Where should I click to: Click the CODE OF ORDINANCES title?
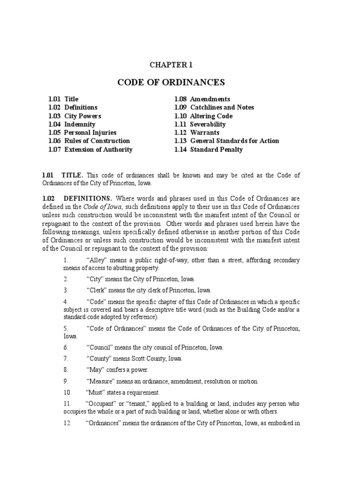(x=171, y=83)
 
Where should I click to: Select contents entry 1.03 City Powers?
(x=75, y=116)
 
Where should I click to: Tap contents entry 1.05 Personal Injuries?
(x=82, y=133)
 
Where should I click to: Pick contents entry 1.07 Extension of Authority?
(x=90, y=150)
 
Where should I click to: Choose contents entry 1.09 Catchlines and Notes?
(x=214, y=107)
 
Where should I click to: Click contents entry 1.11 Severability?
(x=200, y=124)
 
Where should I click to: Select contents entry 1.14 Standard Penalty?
(x=209, y=150)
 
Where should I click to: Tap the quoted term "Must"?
(x=96, y=392)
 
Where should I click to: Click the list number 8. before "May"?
(x=66, y=370)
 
